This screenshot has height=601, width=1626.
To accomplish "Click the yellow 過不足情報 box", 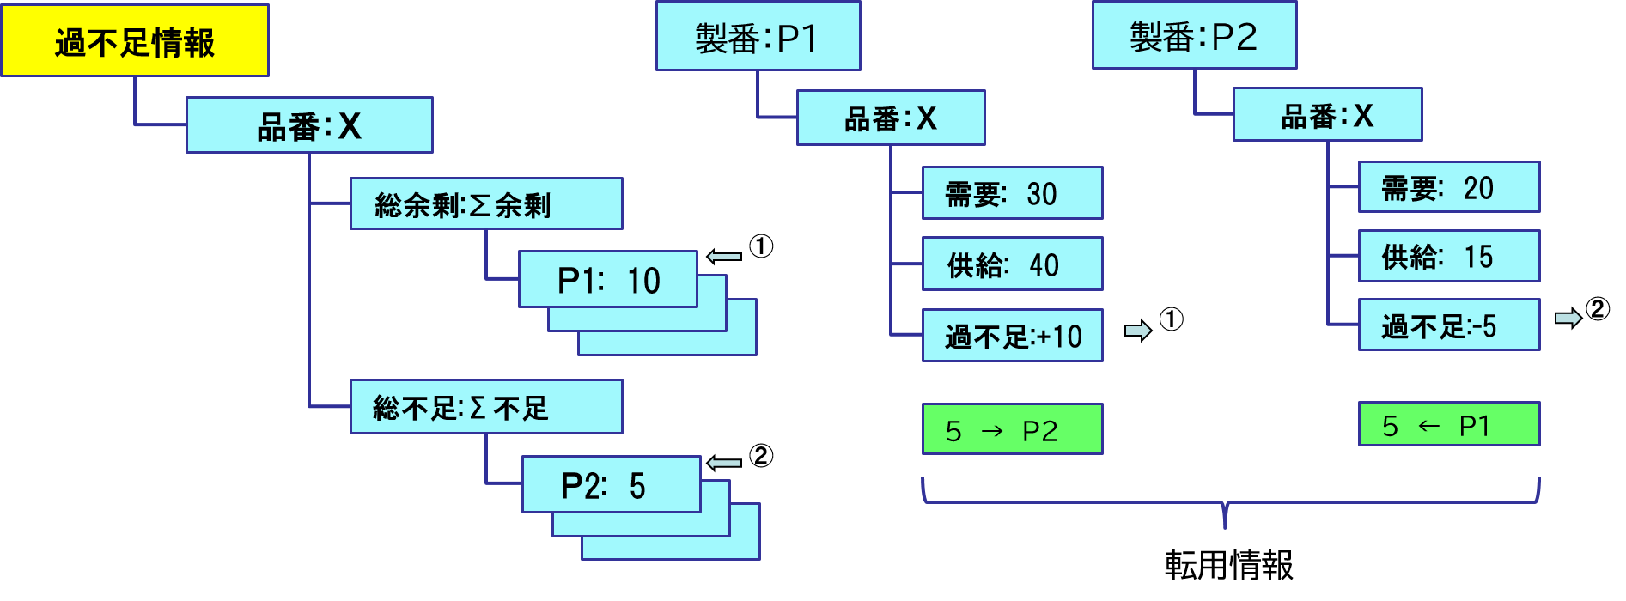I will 135,41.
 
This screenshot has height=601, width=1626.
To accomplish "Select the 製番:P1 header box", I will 758,37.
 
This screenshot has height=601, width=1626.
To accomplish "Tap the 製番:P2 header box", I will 1194,36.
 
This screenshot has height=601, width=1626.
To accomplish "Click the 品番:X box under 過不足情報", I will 309,125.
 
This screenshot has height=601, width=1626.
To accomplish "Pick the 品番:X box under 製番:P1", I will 891,118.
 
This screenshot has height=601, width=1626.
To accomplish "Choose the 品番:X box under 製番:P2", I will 1327,115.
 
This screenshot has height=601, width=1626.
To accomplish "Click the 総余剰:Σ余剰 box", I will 486,204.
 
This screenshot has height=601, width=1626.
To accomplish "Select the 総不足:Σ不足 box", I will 486,407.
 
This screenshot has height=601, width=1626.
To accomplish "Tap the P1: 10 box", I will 608,280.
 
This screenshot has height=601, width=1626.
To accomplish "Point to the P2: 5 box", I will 611,485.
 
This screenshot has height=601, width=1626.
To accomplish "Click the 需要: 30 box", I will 1012,193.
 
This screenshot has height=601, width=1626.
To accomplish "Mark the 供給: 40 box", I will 1012,264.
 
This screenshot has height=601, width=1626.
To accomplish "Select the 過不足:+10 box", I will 1012,336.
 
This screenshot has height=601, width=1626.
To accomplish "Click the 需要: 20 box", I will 1448,187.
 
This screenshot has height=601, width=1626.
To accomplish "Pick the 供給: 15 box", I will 1448,256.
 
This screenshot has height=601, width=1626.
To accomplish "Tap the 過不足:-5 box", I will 1448,325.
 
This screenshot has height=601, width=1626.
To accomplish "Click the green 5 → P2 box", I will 1012,429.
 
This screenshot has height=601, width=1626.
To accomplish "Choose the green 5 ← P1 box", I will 1448,425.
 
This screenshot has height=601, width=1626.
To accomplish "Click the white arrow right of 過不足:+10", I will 1138,331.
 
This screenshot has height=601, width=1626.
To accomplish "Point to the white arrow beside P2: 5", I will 724,464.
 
